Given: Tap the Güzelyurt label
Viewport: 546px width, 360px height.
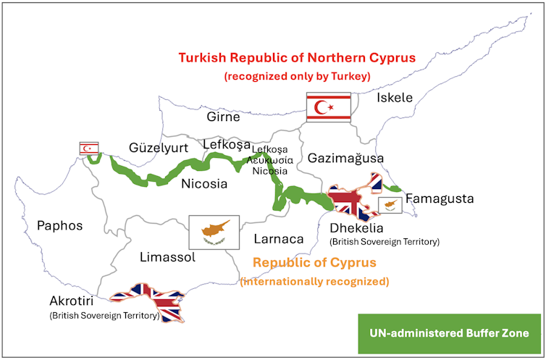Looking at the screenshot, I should click(x=159, y=148).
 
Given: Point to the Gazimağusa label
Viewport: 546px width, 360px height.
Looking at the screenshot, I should click(x=345, y=158).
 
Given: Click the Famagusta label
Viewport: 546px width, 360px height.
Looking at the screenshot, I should click(x=440, y=198).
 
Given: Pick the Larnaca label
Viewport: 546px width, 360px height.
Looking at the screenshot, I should click(x=279, y=238).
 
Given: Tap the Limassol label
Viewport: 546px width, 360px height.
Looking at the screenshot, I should click(x=166, y=256).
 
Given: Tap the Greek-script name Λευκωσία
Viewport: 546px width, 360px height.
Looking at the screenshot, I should click(x=269, y=159).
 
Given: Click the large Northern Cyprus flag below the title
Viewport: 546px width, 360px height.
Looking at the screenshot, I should click(x=328, y=106).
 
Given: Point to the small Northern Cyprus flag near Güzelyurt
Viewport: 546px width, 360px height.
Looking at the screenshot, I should click(x=89, y=148).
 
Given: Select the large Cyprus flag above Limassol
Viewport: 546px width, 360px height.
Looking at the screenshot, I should click(x=214, y=231).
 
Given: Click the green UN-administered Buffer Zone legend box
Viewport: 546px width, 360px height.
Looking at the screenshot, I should click(x=449, y=333).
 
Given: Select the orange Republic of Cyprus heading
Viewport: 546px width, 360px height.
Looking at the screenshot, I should click(x=314, y=262).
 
